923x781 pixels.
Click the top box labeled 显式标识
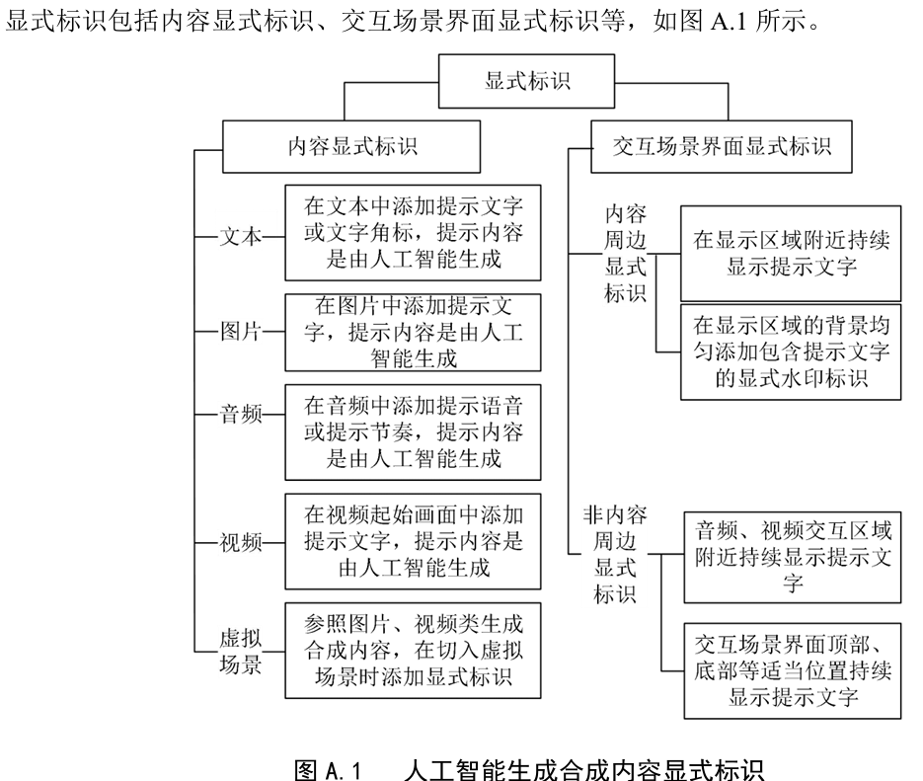[x=527, y=81]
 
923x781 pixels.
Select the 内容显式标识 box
[x=351, y=146]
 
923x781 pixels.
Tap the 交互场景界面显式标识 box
[x=721, y=146]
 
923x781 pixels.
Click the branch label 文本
[x=241, y=237]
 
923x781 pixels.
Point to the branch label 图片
[x=241, y=332]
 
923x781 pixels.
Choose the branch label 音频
[x=241, y=415]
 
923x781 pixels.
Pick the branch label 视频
[x=241, y=542]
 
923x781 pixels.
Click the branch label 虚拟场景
[x=241, y=652]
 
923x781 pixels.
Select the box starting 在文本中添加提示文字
[x=413, y=232]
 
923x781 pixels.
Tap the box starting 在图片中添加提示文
[x=413, y=333]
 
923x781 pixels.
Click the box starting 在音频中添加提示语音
[x=413, y=432]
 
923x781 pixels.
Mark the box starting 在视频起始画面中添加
[x=413, y=541]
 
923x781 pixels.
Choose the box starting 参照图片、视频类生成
[x=413, y=651]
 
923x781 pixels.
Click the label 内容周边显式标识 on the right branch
[x=625, y=254]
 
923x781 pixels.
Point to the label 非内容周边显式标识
[x=615, y=555]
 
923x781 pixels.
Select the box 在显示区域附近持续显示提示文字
[x=791, y=254]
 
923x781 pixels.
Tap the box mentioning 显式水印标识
[x=791, y=351]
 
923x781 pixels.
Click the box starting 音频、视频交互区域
[x=793, y=557]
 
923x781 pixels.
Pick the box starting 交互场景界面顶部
[x=793, y=671]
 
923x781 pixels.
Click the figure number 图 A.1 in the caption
[x=328, y=769]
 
